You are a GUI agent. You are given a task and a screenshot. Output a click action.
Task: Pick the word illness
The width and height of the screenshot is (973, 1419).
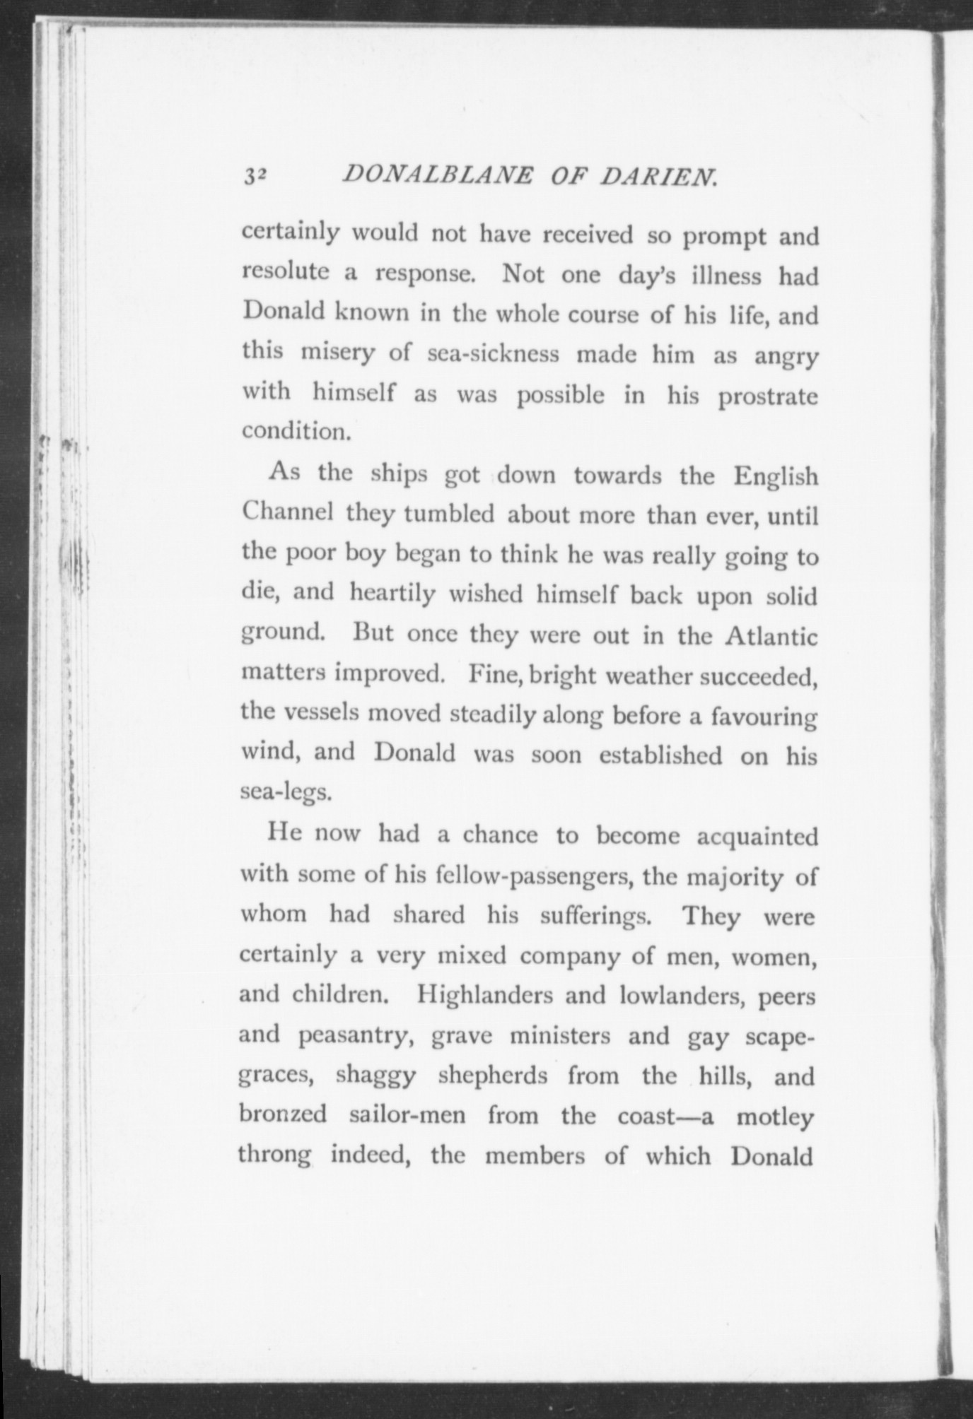(711, 275)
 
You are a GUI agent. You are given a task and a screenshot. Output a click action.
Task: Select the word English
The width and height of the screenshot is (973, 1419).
(775, 476)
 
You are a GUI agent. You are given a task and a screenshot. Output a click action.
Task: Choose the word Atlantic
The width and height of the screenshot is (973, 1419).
(771, 637)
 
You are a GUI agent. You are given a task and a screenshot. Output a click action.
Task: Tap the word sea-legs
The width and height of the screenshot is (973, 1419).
(285, 793)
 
